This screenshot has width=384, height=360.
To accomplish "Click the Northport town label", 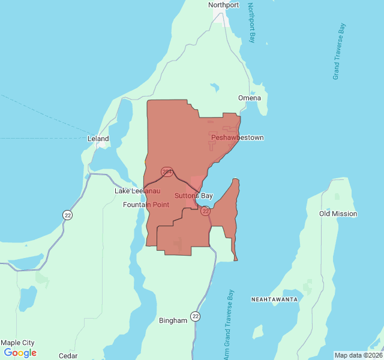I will pyautogui.click(x=223, y=5).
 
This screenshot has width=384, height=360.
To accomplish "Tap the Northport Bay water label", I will pyautogui.click(x=251, y=23).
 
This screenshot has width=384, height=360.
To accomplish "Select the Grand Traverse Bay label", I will pyautogui.click(x=340, y=52).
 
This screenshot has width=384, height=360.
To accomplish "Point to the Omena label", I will pyautogui.click(x=249, y=98).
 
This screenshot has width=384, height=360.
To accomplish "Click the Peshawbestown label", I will pyautogui.click(x=237, y=138).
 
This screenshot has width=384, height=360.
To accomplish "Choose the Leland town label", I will pyautogui.click(x=98, y=139).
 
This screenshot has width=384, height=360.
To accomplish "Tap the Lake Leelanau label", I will pyautogui.click(x=138, y=191).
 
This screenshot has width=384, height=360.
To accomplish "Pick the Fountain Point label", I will pyautogui.click(x=146, y=205).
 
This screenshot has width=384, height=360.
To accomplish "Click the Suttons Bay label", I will pyautogui.click(x=194, y=196).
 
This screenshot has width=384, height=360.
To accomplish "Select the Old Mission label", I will pyautogui.click(x=338, y=214).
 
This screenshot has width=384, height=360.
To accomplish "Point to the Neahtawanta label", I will pyautogui.click(x=274, y=298).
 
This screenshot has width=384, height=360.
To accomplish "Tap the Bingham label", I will pyautogui.click(x=173, y=320).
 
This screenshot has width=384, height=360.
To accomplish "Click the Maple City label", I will pyautogui.click(x=17, y=343).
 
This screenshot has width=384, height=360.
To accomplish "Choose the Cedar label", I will pyautogui.click(x=68, y=355).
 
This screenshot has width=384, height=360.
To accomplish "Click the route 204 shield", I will pyautogui.click(x=167, y=172).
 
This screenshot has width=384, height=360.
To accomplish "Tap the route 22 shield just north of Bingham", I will pyautogui.click(x=196, y=316).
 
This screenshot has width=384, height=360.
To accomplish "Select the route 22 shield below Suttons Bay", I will pyautogui.click(x=205, y=211).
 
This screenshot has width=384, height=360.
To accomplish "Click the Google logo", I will pyautogui.click(x=20, y=353).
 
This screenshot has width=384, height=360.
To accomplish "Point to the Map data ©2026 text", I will pyautogui.click(x=358, y=355).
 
